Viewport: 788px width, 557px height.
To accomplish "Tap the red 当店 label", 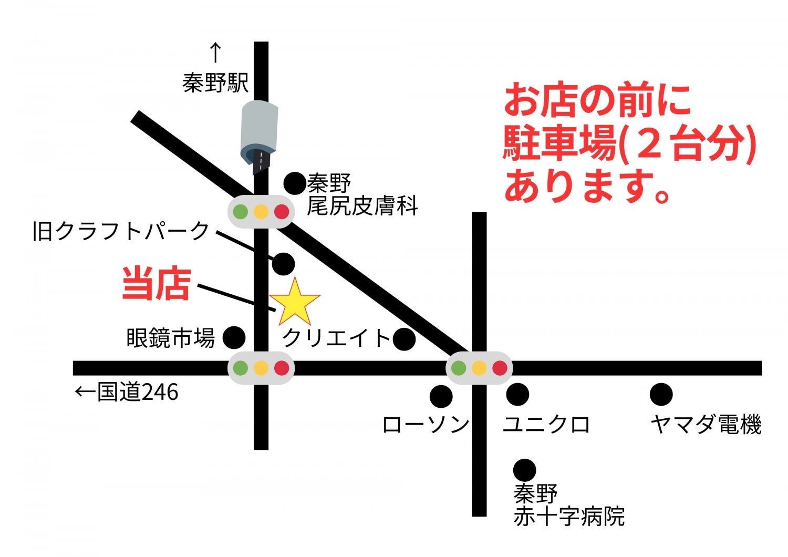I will pos(156,284).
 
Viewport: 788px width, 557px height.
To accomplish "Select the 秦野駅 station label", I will pos(215,83).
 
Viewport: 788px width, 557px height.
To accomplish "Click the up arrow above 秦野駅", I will pos(215,53).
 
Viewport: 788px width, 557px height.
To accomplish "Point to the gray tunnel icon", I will pos(258,134).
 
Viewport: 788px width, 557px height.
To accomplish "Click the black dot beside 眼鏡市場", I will pos(234,337).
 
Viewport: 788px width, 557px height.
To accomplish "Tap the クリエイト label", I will pos(336,337).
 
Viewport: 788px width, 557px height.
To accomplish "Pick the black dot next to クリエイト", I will pos(404,339).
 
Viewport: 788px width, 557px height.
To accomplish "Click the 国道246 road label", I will pos(138,393).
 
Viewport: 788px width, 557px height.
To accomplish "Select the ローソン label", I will pos(426,425).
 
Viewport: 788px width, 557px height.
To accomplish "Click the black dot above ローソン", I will pos(441,396).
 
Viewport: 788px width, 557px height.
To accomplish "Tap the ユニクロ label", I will pos(546,425).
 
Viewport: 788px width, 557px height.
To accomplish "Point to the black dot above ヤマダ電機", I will pos(661,395).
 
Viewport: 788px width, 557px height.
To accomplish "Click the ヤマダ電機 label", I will pos(706,425).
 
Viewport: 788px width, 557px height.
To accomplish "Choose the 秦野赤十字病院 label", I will pos(568,506).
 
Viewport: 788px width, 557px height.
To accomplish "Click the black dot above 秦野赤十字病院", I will pos(524,470).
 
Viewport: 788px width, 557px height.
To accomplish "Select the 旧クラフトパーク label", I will pos(121,231).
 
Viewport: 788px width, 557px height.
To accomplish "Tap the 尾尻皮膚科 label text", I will pos(362,206).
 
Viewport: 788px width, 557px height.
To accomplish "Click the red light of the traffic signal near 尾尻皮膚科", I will pos(282,212).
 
